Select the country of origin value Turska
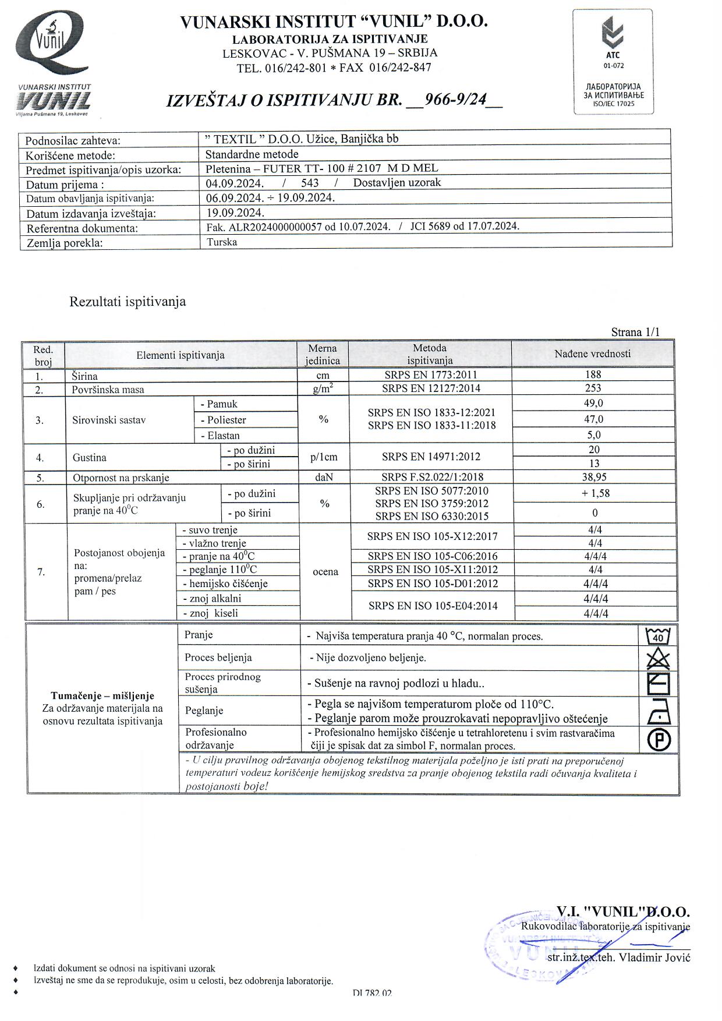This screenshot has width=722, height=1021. (x=222, y=242)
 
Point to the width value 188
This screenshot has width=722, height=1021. (x=593, y=375)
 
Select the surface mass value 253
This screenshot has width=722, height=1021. (x=593, y=388)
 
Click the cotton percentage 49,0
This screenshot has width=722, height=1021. (x=593, y=404)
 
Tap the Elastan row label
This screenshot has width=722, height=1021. (x=220, y=436)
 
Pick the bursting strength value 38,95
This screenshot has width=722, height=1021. (x=594, y=477)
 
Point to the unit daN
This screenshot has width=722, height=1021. (x=324, y=478)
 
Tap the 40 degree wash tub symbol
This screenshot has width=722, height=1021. (x=658, y=635)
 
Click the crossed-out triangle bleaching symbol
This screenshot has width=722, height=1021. (x=659, y=658)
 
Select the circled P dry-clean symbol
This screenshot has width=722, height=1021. (x=659, y=739)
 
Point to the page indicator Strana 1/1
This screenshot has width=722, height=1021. (x=635, y=333)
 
